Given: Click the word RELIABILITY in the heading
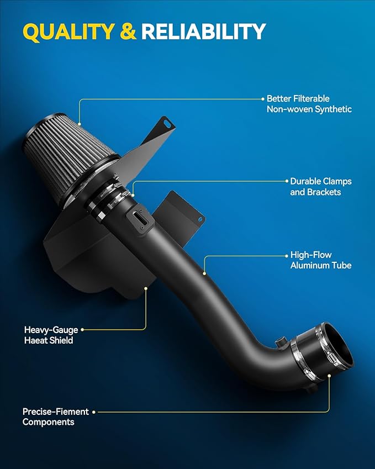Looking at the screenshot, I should [x=203, y=32].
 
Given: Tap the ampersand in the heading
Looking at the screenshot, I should [x=128, y=32].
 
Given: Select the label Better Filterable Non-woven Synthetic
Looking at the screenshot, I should [x=309, y=104].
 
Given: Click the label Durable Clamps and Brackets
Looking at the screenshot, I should [x=320, y=187].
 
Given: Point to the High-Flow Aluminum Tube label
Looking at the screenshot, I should [x=320, y=261].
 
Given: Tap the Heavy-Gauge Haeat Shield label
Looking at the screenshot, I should [x=49, y=335].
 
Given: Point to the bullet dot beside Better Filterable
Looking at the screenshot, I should [x=262, y=99].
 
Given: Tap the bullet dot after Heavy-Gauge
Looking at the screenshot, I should [x=82, y=330].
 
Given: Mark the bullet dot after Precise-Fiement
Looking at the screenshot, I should [x=94, y=412].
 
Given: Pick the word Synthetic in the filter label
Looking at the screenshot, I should [x=333, y=109].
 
